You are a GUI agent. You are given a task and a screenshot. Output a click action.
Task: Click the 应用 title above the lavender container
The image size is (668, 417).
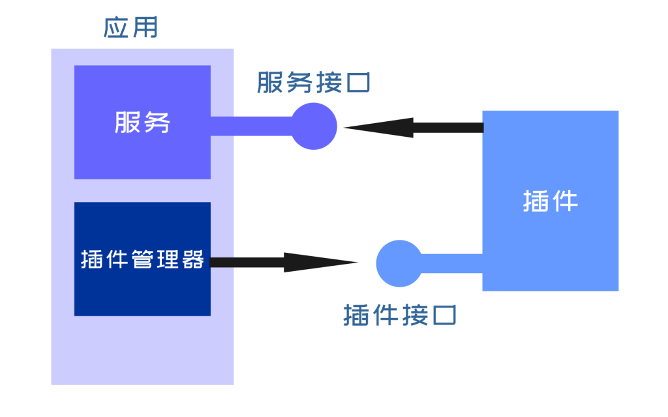tap(130, 28)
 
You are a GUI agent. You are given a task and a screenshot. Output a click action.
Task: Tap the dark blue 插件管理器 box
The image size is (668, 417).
tap(142, 293)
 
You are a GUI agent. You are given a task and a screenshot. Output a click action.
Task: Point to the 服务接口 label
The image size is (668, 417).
tap(314, 83)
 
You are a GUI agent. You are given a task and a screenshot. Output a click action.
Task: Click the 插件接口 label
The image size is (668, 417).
tap(399, 315)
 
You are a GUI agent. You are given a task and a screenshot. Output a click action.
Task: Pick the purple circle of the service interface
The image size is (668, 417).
tap(314, 126)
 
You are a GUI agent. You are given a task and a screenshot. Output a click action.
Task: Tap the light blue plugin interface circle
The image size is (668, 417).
tap(399, 263)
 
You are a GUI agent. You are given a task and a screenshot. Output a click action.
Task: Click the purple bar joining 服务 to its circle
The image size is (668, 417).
tap(251, 126)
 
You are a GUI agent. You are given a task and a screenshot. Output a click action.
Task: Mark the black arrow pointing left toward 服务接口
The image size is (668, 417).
tap(411, 127)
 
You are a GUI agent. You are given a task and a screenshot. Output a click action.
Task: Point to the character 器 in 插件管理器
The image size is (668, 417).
tap(194, 259)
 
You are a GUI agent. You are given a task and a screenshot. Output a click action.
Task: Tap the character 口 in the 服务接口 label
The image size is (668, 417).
tap(359, 83)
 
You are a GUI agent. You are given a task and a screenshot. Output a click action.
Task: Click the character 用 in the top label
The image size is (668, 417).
tap(145, 28)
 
